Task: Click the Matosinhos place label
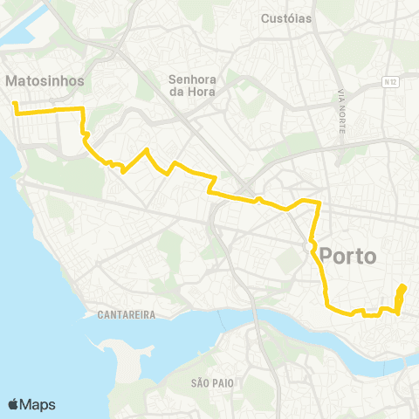click(45, 80)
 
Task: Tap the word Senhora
click(192, 79)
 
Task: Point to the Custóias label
click(286, 17)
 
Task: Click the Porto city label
click(348, 257)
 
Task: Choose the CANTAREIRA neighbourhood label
click(127, 314)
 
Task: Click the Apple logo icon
click(14, 404)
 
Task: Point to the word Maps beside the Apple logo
click(38, 404)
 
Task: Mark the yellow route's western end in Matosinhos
click(14, 105)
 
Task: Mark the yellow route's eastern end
click(403, 286)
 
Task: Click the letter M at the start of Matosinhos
click(11, 80)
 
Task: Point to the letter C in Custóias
click(265, 17)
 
